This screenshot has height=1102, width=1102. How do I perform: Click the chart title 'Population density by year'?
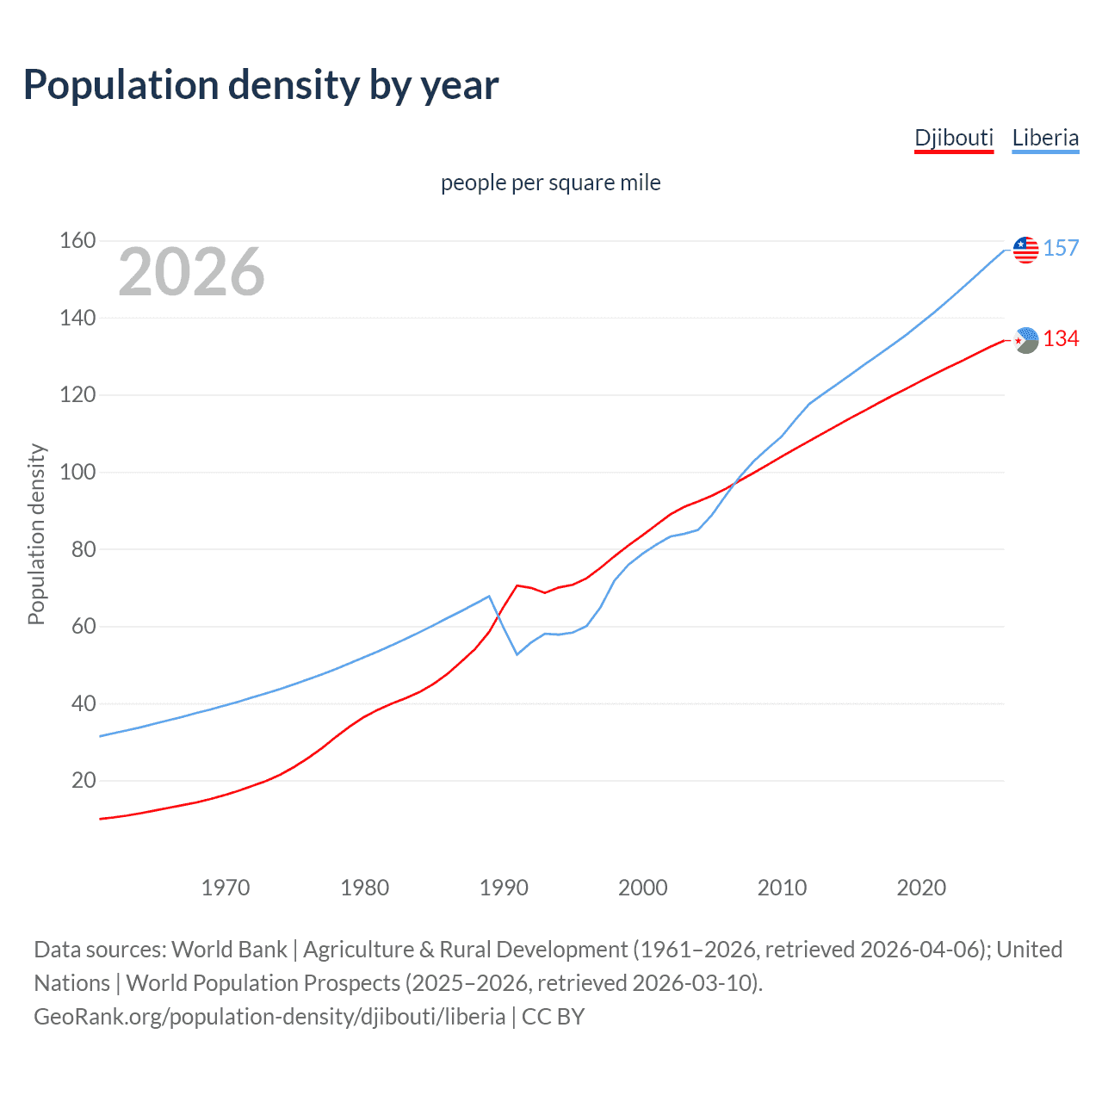(x=261, y=85)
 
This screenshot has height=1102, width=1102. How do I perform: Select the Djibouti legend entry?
(x=953, y=138)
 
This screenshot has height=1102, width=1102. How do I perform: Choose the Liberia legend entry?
(x=1045, y=138)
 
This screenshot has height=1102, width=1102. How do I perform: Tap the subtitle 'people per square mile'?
(x=550, y=183)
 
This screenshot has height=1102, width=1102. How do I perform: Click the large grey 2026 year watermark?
(x=191, y=272)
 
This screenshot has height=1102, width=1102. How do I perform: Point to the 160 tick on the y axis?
(x=77, y=240)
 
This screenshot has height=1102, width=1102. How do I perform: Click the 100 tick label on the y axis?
(x=77, y=472)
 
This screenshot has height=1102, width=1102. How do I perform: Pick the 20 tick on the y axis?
(x=84, y=780)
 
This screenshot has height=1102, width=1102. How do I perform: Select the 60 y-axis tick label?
(x=84, y=626)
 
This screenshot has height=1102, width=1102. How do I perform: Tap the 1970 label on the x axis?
(x=226, y=888)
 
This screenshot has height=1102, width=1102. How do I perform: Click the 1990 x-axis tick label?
(x=504, y=888)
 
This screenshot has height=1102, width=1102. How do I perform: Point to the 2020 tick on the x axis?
(x=921, y=888)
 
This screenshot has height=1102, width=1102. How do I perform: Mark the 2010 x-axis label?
(x=782, y=888)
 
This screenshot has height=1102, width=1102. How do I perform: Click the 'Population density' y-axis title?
(x=36, y=534)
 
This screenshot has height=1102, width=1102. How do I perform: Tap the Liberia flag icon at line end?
(x=1025, y=250)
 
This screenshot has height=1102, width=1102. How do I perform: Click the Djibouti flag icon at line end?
(x=1025, y=340)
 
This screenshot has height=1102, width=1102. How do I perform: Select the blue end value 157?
(x=1061, y=248)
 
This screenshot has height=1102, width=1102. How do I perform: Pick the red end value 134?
(x=1061, y=339)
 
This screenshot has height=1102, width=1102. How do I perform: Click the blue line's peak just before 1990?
(x=489, y=596)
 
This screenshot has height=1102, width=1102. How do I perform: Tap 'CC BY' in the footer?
(x=553, y=1017)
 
